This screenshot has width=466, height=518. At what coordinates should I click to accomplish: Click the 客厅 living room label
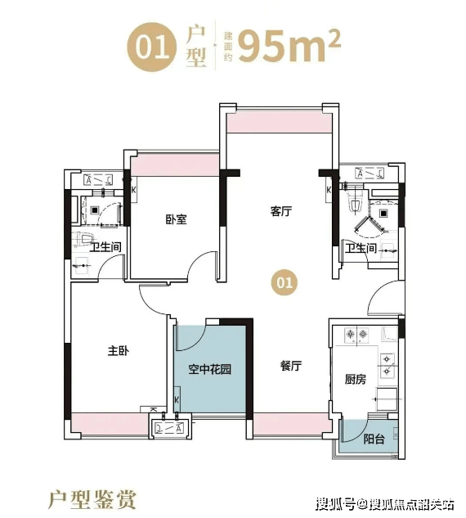tap(281, 211)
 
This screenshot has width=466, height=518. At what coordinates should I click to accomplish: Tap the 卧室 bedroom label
tap(177, 219)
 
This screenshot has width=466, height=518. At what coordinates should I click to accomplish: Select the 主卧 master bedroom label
tap(119, 350)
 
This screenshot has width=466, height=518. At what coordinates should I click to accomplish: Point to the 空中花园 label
tap(210, 369)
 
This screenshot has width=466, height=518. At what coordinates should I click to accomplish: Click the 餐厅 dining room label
tap(291, 366)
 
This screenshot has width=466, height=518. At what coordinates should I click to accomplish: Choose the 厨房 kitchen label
tap(356, 379)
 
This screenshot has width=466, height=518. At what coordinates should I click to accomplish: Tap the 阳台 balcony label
tap(374, 439)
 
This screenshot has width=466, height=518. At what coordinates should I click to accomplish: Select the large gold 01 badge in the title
tap(152, 47)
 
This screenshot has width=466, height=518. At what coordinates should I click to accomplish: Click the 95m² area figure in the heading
tap(289, 47)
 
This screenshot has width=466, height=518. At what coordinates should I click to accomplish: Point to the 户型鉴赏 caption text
tap(92, 500)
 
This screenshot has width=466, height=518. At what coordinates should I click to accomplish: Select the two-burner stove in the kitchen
tap(356, 335)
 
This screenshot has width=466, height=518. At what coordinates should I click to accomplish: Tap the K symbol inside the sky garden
tap(177, 399)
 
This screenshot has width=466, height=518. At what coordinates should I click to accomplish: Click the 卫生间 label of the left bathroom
tap(105, 246)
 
